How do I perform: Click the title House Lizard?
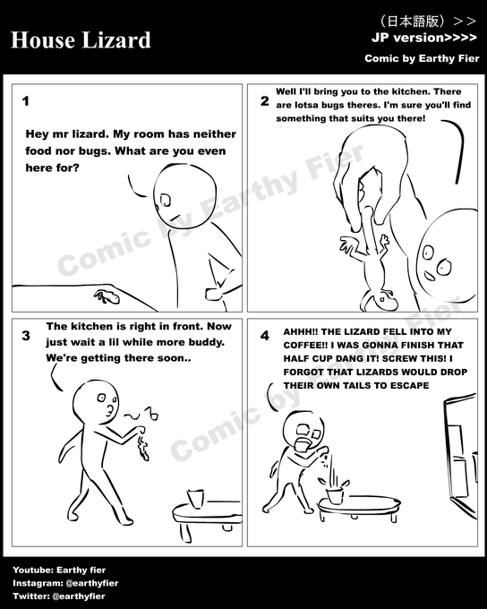[81, 40]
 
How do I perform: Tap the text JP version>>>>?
[424, 38]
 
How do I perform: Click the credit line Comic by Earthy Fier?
[422, 58]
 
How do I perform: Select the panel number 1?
[26, 101]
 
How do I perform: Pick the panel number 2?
[265, 101]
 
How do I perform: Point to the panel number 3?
[26, 335]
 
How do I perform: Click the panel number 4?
[265, 335]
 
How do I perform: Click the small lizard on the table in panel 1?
[107, 296]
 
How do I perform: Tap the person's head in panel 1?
[184, 195]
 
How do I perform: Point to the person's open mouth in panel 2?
[430, 277]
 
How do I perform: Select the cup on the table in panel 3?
[195, 498]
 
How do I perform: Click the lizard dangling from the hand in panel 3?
[142, 447]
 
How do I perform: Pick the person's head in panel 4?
[303, 431]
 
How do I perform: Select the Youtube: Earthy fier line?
[59, 570]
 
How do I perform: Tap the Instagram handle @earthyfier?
[92, 583]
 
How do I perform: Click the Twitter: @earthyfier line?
[59, 596]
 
